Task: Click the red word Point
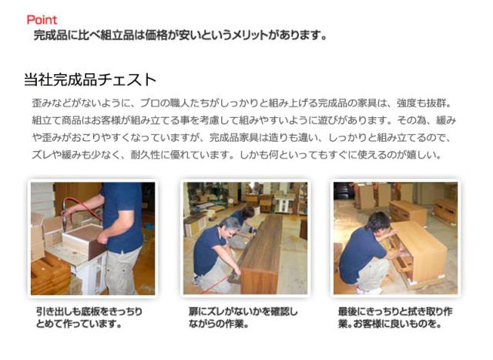click(42, 20)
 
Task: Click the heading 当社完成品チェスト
click(90, 79)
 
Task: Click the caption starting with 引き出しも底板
click(89, 317)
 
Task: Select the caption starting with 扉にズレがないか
click(243, 317)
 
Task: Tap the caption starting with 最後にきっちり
click(395, 317)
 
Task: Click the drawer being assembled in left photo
click(84, 240)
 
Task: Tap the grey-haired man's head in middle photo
click(230, 226)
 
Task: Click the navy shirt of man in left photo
click(122, 217)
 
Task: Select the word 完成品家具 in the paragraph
click(234, 137)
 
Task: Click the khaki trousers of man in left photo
click(122, 271)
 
